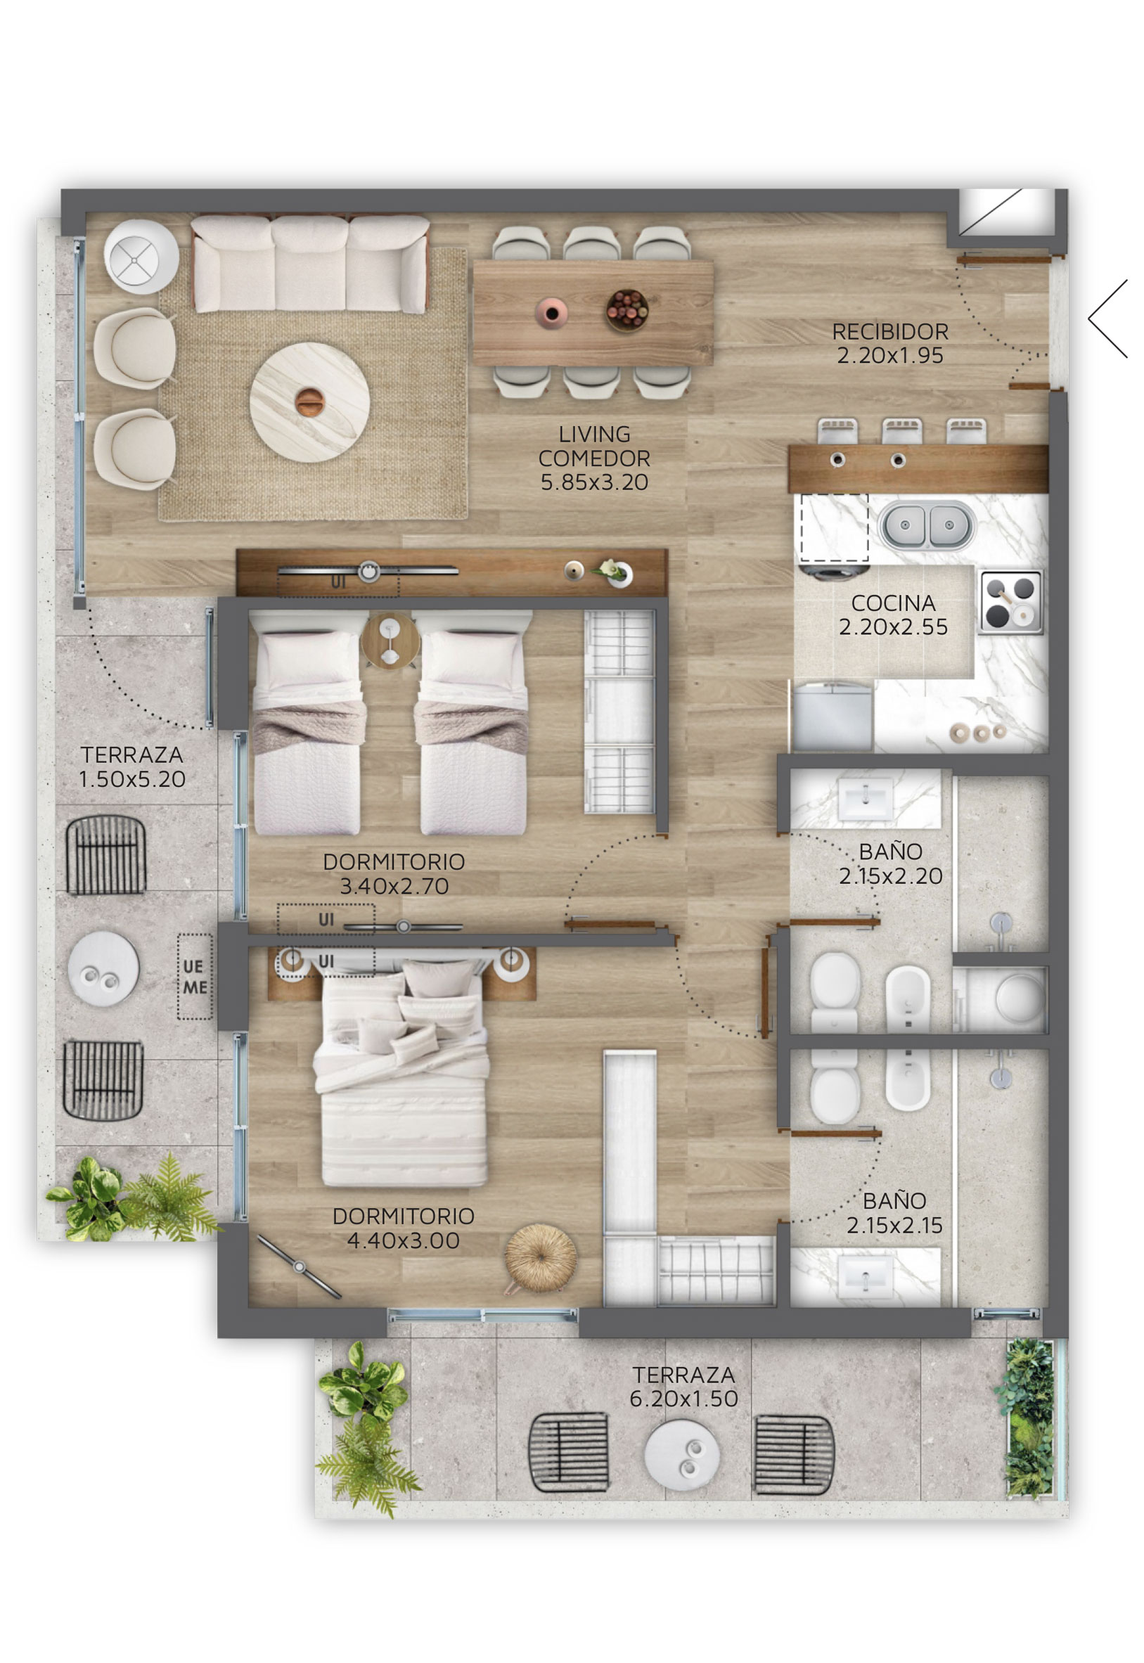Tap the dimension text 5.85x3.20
(594, 482)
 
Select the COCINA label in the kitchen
(893, 603)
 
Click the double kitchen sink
(927, 525)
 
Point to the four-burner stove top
(1011, 602)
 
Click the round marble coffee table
(309, 402)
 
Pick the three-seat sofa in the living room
(310, 264)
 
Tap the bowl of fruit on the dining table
(627, 309)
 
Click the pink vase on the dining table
(551, 312)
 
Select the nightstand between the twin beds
(390, 640)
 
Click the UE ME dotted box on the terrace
(195, 976)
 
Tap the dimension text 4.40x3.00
(404, 1241)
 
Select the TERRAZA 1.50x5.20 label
(132, 766)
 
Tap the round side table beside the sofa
(141, 256)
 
